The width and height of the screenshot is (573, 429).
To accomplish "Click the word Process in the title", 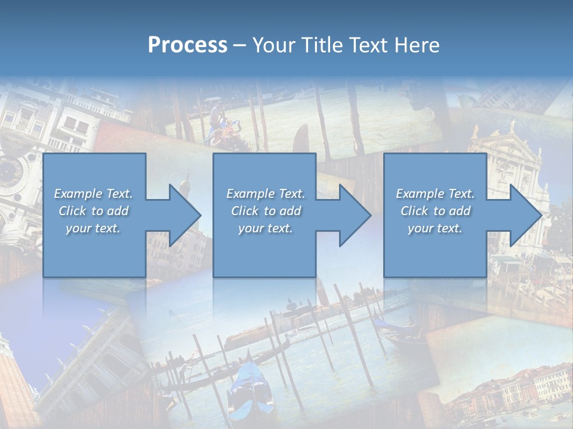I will click(x=187, y=45).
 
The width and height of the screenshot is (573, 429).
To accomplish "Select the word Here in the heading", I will click(x=417, y=45).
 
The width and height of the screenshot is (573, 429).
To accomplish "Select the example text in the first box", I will click(x=94, y=211).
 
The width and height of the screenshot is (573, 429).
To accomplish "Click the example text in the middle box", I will click(x=265, y=211).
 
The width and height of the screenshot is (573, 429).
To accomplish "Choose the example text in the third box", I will click(x=435, y=211).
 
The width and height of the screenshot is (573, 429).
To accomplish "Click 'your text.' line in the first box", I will click(x=94, y=228).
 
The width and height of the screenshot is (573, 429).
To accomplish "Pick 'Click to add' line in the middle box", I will click(x=265, y=211).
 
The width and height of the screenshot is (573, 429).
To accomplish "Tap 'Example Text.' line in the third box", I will click(x=435, y=194).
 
